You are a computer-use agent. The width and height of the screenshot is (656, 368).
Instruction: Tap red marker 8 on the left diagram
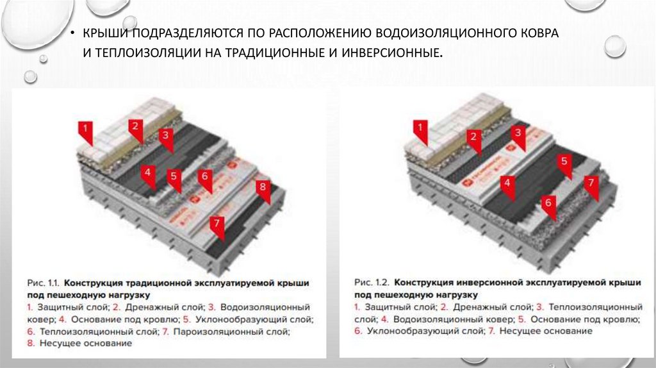point(261,188)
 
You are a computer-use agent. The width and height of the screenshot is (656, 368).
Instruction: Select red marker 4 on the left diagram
point(147,172)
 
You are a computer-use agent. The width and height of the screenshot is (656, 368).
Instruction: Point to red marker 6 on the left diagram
point(204,177)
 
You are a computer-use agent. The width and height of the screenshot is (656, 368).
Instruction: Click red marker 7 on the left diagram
point(217,224)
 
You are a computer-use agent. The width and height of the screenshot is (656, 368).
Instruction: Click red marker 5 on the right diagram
point(564,162)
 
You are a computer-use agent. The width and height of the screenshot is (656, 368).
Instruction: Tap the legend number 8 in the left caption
point(30,344)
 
